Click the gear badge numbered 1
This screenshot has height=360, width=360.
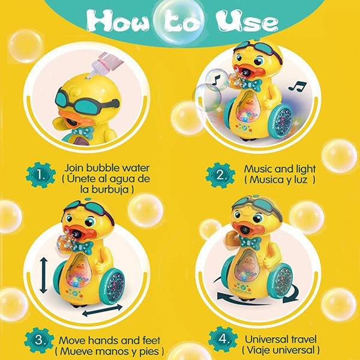click(41, 175)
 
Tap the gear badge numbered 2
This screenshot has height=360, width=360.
click(220, 175)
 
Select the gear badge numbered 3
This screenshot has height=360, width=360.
click(39, 340)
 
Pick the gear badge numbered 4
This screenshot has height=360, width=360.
click(223, 339)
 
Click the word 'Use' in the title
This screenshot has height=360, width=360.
click(247, 22)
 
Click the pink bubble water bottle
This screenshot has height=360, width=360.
click(104, 65)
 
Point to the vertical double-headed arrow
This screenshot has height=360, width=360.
click(43, 275)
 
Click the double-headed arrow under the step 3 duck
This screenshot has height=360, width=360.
click(103, 310)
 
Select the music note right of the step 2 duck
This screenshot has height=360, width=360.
click(297, 86)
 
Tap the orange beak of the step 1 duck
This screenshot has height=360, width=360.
click(73, 119)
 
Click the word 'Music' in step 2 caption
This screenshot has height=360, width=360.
click(258, 169)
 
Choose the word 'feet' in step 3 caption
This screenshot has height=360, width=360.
click(151, 340)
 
